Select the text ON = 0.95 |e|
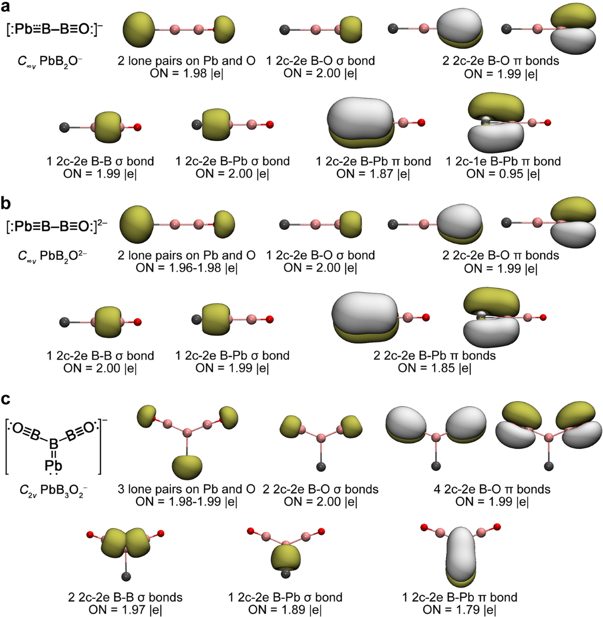point(503,174)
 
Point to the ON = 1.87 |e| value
point(373,174)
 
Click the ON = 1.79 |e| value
point(459,609)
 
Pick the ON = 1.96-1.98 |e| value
point(186,268)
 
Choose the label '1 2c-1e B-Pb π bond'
point(503,161)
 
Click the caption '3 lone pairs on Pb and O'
point(186,489)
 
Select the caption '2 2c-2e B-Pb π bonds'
point(435,355)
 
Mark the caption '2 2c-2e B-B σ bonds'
point(125,597)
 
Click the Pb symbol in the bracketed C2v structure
point(53,466)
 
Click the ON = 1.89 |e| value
point(285,609)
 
